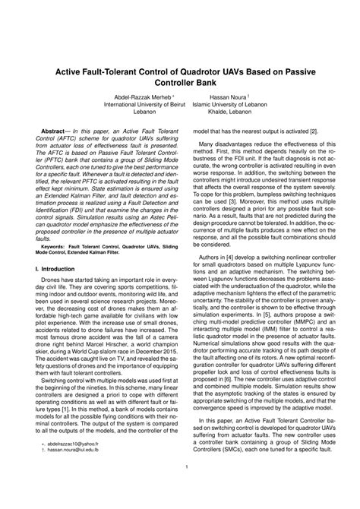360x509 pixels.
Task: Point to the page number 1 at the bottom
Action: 185,488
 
